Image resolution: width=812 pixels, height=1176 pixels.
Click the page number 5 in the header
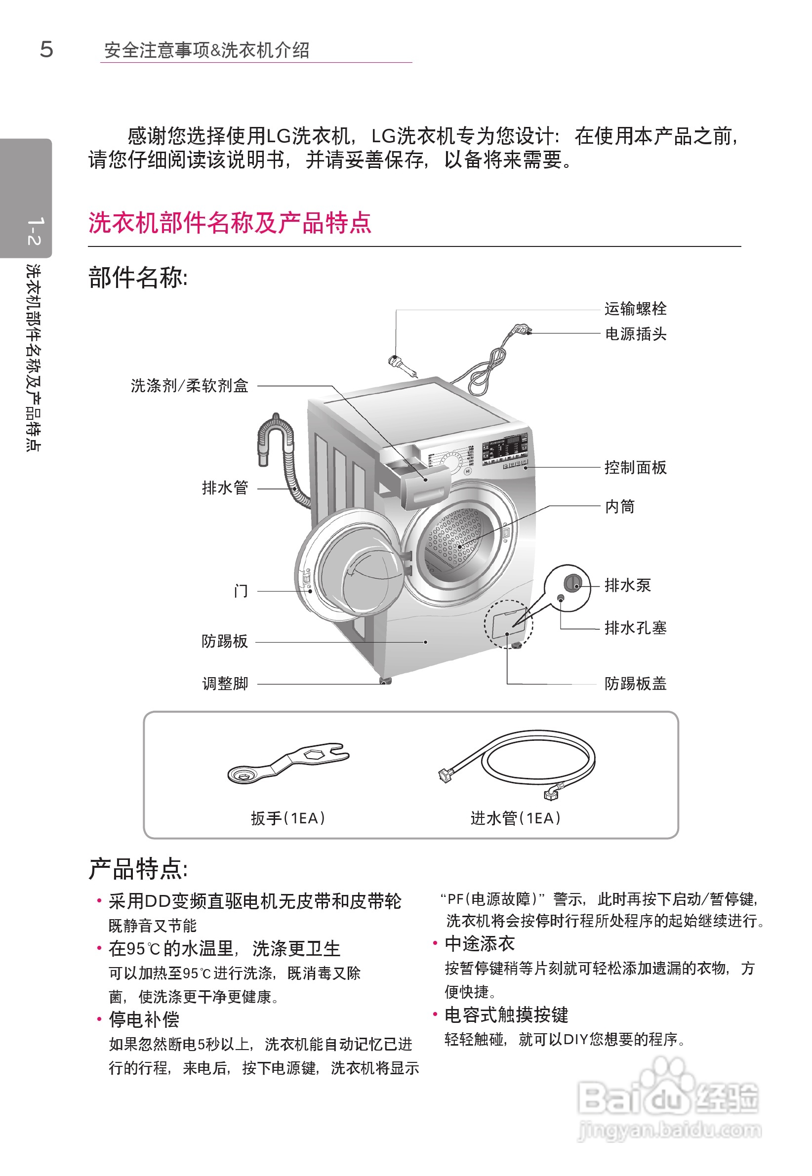[46, 49]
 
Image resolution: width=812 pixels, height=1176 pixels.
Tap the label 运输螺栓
[635, 309]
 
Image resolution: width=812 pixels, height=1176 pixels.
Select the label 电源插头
[635, 334]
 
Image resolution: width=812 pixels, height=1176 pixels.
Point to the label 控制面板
[635, 467]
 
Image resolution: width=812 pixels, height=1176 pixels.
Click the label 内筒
[619, 507]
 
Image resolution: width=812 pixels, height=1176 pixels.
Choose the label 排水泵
[627, 585]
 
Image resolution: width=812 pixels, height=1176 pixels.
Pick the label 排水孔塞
[635, 628]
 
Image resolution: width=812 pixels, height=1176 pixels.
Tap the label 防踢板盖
[635, 684]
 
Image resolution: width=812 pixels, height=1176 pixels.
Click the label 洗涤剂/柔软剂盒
[189, 386]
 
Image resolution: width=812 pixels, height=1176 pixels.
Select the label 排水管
[225, 488]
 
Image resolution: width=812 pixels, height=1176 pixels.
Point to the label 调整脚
[225, 683]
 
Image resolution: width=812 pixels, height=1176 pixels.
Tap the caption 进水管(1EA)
[515, 818]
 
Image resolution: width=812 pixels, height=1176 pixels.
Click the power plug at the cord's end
[522, 329]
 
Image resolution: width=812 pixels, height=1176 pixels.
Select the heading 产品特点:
[138, 869]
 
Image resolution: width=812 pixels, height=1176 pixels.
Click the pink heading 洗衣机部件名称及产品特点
[230, 223]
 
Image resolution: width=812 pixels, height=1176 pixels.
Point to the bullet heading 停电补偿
[144, 1020]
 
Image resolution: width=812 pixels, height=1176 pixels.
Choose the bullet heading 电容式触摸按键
[506, 1015]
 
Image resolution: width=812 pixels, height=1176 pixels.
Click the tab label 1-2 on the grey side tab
[34, 232]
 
